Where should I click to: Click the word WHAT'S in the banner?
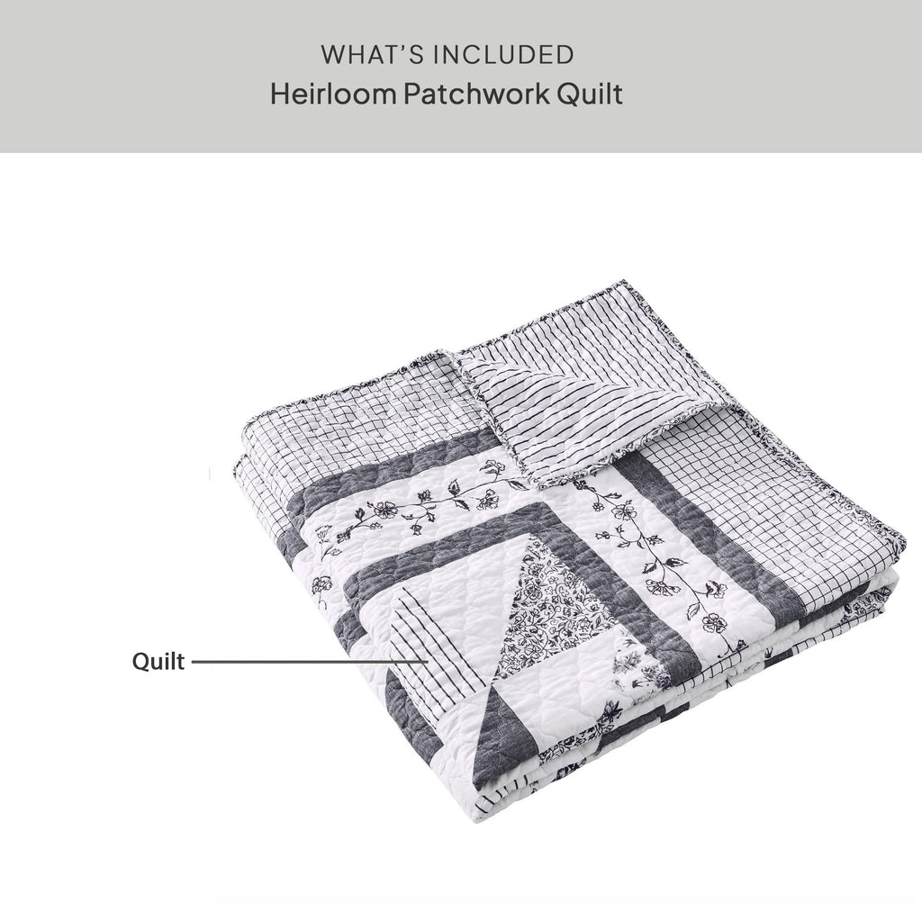pyautogui.click(x=372, y=55)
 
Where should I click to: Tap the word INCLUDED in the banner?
pyautogui.click(x=503, y=55)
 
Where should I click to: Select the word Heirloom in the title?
pyautogui.click(x=333, y=94)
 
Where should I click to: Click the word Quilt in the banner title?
pyautogui.click(x=590, y=94)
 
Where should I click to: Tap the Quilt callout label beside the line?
pyautogui.click(x=158, y=662)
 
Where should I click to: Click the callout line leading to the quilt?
pyautogui.click(x=310, y=662)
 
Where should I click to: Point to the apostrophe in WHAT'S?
pyautogui.click(x=402, y=48)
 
